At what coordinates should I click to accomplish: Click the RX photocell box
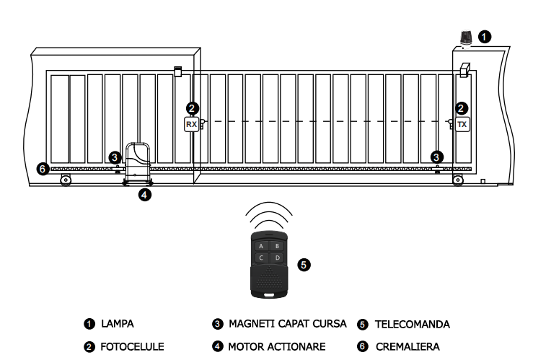point(191,124)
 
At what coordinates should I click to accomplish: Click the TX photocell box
point(462,124)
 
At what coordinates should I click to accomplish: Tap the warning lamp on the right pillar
point(466,38)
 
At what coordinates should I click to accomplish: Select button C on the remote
point(261,258)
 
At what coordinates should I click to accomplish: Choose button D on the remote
point(278,258)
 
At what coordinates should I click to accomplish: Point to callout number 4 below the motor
point(145,195)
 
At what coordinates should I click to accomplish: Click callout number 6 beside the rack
point(43,169)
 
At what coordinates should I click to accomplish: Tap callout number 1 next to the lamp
point(485,37)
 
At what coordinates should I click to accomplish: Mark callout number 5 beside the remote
point(304,265)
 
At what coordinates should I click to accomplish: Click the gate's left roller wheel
point(66,180)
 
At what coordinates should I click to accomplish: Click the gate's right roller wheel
point(458,180)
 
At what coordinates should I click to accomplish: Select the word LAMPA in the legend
point(118,324)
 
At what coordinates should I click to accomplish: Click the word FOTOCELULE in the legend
point(132,347)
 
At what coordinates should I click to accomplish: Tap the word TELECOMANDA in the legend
point(413,325)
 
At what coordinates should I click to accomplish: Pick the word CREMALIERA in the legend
point(408,347)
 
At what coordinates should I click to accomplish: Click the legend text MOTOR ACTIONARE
point(277,347)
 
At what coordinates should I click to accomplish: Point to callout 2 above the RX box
point(193,109)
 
